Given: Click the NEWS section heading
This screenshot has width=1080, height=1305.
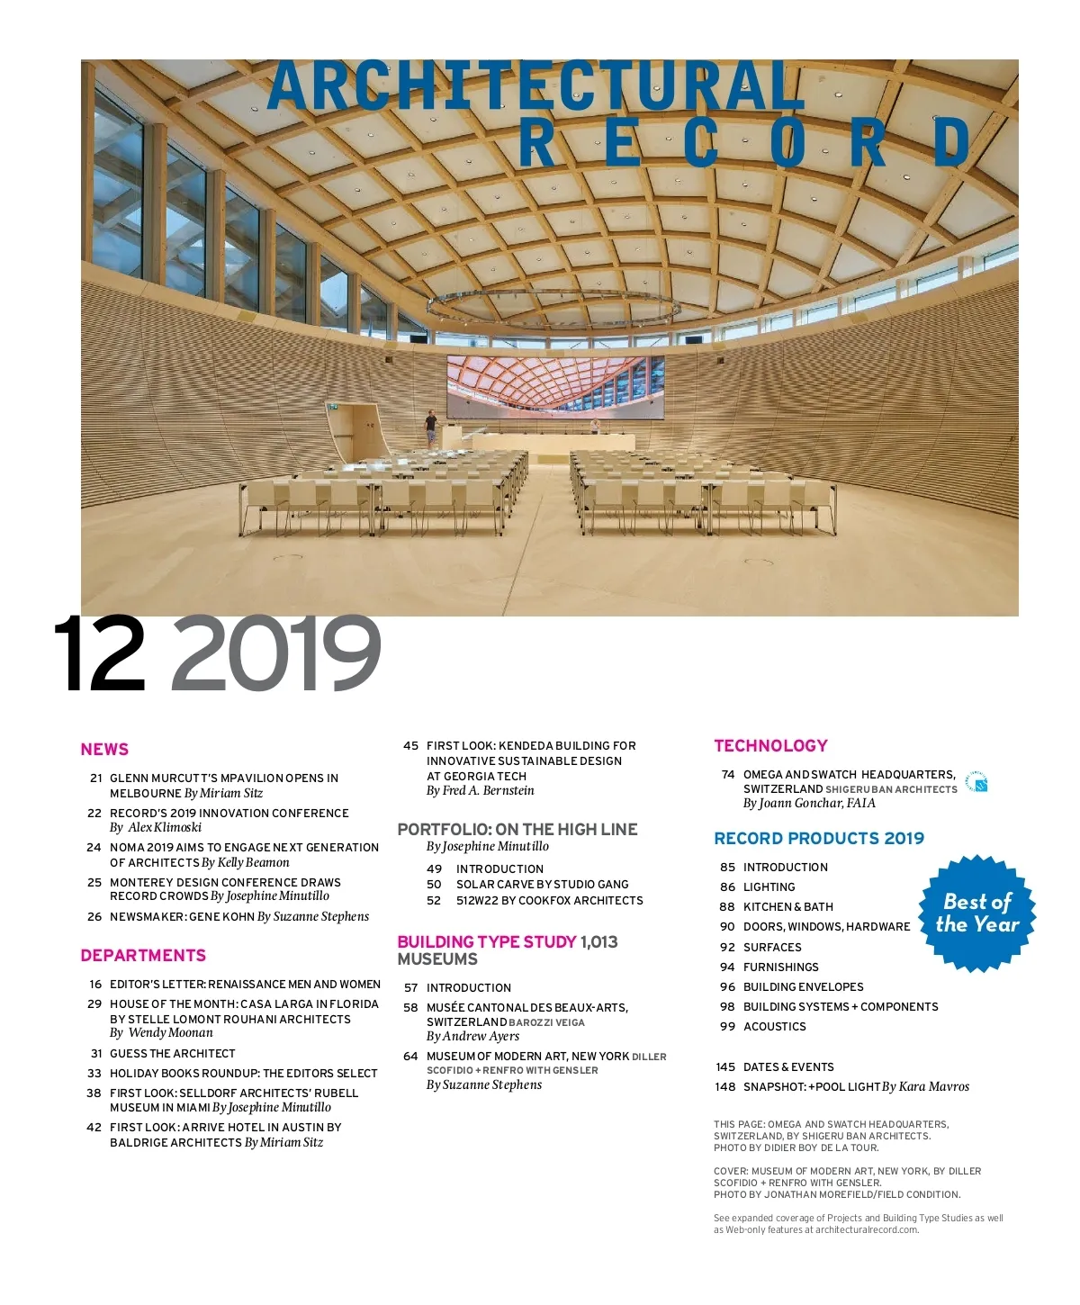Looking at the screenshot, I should coord(104,750).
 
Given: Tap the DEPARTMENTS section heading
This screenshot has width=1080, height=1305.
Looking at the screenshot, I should coord(143,956).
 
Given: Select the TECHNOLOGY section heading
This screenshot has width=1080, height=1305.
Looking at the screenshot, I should coord(770,746).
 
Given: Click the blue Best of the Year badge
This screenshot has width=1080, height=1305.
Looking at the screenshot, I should coord(976,913).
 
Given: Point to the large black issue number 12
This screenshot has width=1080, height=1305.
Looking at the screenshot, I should coord(100,654).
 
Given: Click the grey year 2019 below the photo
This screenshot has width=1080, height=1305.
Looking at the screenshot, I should coord(275,654).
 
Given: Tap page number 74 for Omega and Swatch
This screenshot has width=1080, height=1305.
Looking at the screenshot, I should coord(728,775).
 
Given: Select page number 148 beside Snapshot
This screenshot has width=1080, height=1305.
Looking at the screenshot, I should coord(725,1087).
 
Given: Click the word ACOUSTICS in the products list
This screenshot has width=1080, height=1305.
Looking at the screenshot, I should coord(774,1027).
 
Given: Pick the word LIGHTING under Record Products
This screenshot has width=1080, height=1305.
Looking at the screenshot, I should coord(769,887).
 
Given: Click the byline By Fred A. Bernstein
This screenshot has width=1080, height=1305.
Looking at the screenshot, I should coord(480,791).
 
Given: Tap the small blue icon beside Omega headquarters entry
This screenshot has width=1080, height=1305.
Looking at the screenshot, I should coord(976,782).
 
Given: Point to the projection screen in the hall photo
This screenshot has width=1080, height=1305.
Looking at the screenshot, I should coord(555,387).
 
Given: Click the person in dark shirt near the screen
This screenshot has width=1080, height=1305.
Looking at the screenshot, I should coord(431,427).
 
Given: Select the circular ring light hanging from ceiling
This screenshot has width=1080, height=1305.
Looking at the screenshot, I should coord(553,309).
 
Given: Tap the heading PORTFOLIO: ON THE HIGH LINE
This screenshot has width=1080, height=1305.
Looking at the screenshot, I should coord(517,830).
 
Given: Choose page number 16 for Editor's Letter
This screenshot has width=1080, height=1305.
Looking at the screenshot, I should coord(95,985).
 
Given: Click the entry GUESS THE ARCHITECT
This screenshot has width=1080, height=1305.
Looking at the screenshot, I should coord(172,1054).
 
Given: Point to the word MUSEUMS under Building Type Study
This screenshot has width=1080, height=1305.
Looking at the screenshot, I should coord(437,959).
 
